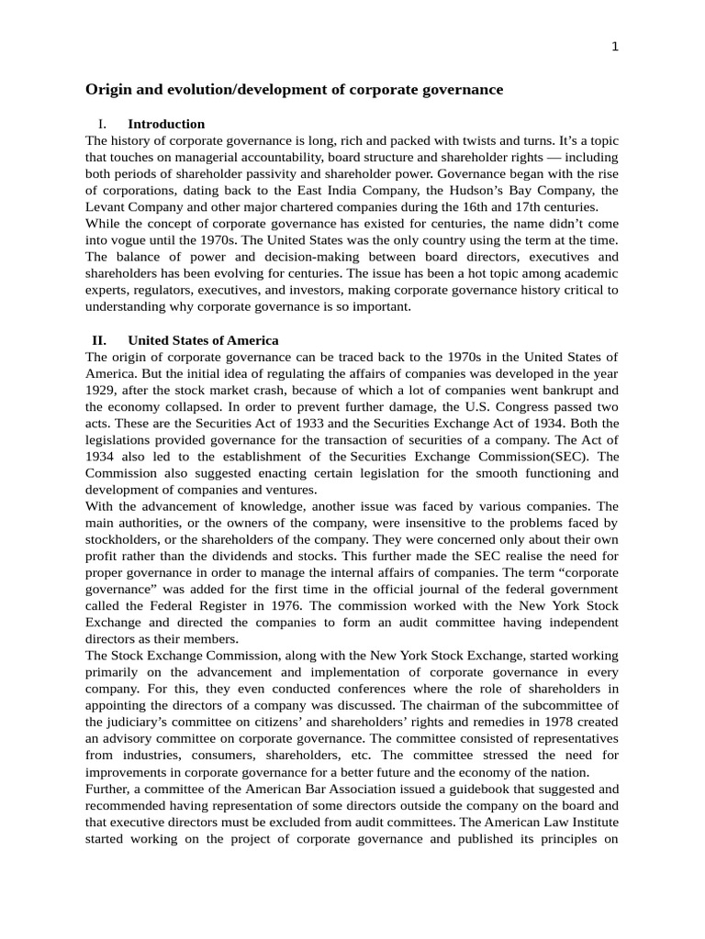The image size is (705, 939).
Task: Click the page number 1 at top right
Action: coord(615,49)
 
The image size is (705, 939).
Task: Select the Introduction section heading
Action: coord(166,124)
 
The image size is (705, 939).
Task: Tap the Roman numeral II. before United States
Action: coord(100,340)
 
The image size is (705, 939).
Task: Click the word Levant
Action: coord(106,207)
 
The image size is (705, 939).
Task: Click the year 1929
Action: coord(100,390)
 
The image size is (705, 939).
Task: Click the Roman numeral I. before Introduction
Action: coord(102,124)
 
